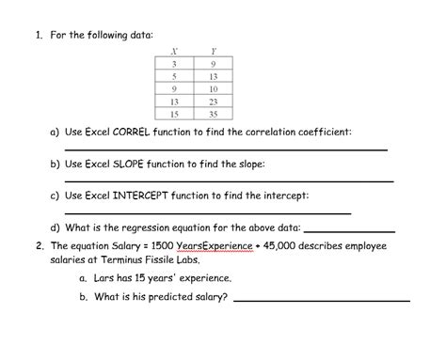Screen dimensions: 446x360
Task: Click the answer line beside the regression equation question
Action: pyautogui.click(x=349, y=231)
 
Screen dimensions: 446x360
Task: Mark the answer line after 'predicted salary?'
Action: pyautogui.click(x=321, y=300)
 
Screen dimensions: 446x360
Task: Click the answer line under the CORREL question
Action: pyautogui.click(x=226, y=150)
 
